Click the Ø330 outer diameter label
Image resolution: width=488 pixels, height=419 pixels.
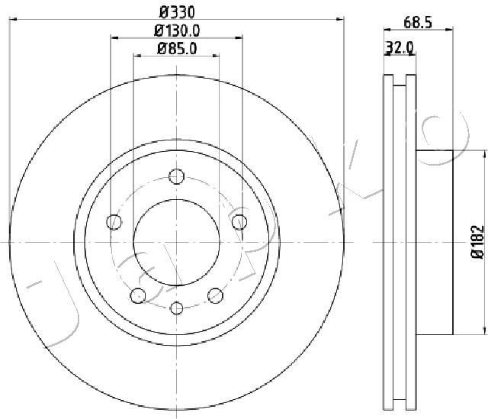pyautogui.click(x=176, y=12)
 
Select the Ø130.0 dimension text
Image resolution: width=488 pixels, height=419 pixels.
pyautogui.click(x=176, y=31)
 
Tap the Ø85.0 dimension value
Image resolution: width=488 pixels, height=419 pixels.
pyautogui.click(x=176, y=50)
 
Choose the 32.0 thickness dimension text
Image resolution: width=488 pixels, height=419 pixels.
pyautogui.click(x=400, y=47)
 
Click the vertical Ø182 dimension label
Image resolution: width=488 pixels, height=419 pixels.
pyautogui.click(x=477, y=243)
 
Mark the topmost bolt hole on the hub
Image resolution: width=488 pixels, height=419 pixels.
pyautogui.click(x=177, y=175)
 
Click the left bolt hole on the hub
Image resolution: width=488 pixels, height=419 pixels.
pyautogui.click(x=114, y=222)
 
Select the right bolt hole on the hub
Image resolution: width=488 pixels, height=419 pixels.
pyautogui.click(x=239, y=222)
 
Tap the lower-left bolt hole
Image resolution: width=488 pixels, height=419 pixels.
pyautogui.click(x=138, y=295)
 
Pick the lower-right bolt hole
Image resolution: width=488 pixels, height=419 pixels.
pyautogui.click(x=215, y=295)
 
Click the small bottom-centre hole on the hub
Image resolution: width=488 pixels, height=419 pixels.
pyautogui.click(x=177, y=308)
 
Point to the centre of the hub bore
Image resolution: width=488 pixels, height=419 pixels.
pyautogui.click(x=177, y=241)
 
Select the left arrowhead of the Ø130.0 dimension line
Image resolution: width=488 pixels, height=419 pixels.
pyautogui.click(x=114, y=36)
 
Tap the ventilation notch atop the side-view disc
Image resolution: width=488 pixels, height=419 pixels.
pyautogui.click(x=400, y=80)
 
